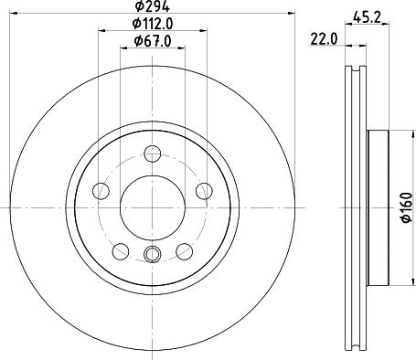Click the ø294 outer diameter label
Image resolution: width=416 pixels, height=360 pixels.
click(151, 7)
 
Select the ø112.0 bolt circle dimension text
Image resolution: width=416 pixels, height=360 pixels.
click(151, 25)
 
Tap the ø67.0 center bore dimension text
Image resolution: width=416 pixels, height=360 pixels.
click(151, 40)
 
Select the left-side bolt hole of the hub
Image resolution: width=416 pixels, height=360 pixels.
click(102, 190)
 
